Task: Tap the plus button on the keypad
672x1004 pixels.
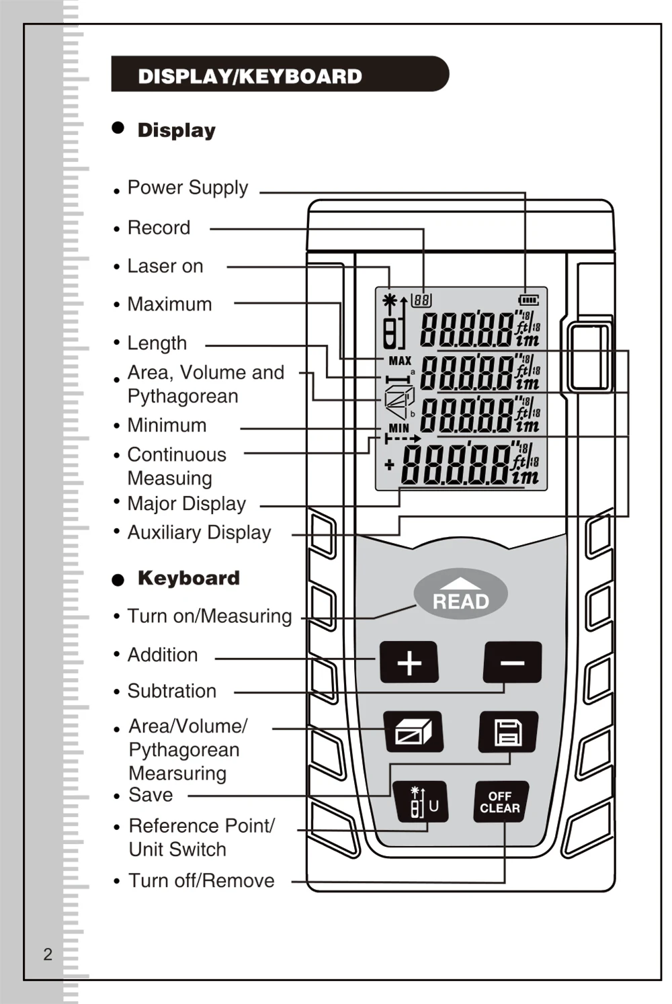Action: pos(409,662)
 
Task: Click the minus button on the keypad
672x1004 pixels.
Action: pos(513,662)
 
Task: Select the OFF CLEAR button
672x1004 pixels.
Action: pos(501,802)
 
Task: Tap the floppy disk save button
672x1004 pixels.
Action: pos(508,731)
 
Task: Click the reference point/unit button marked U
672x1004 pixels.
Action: pos(421,802)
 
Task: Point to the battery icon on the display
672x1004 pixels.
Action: pos(529,300)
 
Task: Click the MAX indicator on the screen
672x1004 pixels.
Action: pos(400,361)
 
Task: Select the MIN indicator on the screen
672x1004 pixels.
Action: pos(398,428)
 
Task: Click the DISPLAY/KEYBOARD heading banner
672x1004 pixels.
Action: pos(280,74)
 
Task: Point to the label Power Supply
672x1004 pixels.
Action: pos(188,187)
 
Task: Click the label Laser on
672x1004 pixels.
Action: pos(165,266)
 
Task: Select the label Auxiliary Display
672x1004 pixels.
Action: pos(200,533)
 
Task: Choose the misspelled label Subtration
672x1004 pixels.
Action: pos(172,691)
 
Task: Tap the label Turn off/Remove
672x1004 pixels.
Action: pos(202,881)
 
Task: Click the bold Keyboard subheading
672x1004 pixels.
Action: pos(189,578)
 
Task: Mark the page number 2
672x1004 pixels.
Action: pos(48,954)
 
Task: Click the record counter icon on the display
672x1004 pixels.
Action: pos(421,300)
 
